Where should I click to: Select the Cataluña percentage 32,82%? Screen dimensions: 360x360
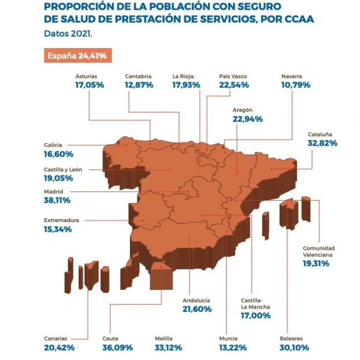pyautogui.click(x=322, y=143)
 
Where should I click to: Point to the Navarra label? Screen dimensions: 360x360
pyautogui.click(x=292, y=75)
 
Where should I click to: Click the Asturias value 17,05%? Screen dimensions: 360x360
pyautogui.click(x=89, y=85)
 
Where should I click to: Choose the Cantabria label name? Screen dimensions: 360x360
pyautogui.click(x=139, y=75)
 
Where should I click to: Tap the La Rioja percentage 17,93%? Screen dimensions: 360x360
pyautogui.click(x=186, y=85)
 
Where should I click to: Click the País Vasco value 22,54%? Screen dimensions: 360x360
pyautogui.click(x=234, y=85)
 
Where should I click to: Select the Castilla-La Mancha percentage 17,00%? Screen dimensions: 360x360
pyautogui.click(x=256, y=317)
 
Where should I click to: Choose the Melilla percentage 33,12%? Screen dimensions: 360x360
pyautogui.click(x=170, y=347)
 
